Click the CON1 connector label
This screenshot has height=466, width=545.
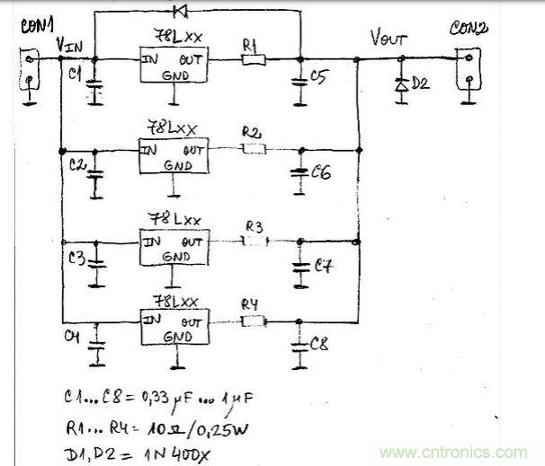(x=31, y=26)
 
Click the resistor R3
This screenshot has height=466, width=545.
(x=255, y=241)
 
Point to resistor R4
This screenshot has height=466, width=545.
(x=255, y=320)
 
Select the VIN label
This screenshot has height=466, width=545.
(x=72, y=43)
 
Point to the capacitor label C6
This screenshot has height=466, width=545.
(x=320, y=173)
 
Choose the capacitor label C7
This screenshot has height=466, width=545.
(x=322, y=267)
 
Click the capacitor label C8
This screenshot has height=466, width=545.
(x=320, y=343)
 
